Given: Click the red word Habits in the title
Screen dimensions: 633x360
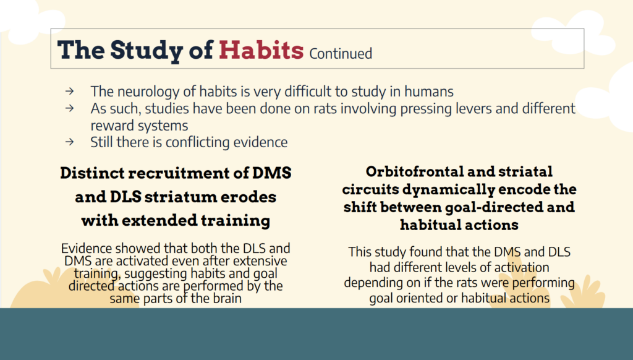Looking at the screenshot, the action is click(x=261, y=50).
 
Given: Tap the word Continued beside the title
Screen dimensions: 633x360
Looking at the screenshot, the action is click(x=341, y=53).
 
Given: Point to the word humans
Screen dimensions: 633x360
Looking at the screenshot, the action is click(x=429, y=92).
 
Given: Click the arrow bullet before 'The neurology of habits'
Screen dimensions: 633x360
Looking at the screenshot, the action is click(x=69, y=92).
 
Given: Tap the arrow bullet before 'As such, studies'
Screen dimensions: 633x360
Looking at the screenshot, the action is click(x=69, y=108).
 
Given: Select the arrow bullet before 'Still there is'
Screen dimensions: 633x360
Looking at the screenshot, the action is click(x=69, y=142).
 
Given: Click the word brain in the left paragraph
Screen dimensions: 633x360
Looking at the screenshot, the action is click(x=225, y=298).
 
